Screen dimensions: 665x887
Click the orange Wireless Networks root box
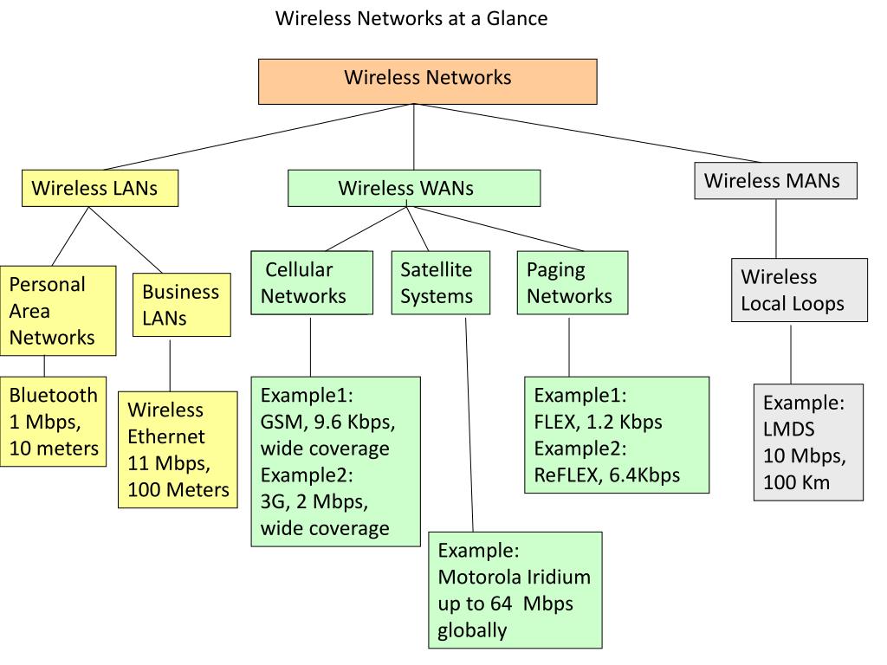[x=428, y=81]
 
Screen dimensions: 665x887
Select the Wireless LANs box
[x=100, y=188]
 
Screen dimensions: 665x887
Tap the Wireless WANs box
[x=413, y=188]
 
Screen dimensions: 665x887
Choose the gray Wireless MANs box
[x=775, y=180]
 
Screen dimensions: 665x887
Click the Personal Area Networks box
[x=58, y=310]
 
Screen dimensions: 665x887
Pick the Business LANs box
[x=181, y=304]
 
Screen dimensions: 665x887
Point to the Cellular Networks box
[x=311, y=282]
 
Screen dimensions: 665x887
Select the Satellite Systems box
[x=440, y=282]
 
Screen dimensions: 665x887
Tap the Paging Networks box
[x=572, y=282]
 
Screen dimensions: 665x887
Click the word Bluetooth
[x=54, y=396]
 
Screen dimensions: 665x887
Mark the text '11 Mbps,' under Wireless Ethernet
[x=170, y=463]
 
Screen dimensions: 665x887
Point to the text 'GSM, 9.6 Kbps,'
[x=327, y=423]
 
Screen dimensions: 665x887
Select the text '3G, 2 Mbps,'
[x=314, y=501]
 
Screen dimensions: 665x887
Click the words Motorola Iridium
[x=514, y=577]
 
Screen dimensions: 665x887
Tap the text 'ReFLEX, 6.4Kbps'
[x=606, y=475]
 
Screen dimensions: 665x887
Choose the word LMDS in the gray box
[x=789, y=429]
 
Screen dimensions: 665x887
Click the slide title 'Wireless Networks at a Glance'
[x=411, y=18]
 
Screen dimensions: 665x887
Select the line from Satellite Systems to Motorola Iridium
[x=469, y=424]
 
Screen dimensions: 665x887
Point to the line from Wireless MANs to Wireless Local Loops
[x=776, y=229]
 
